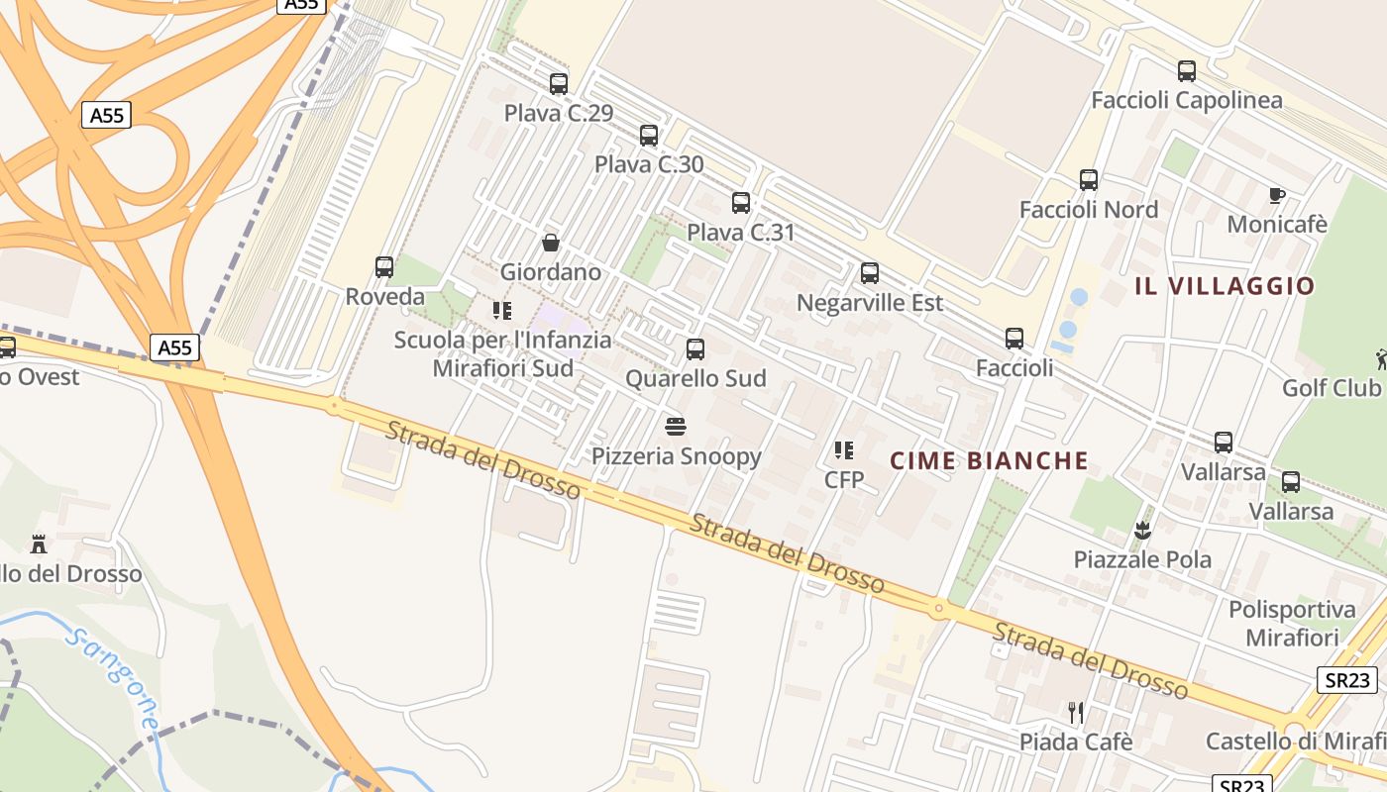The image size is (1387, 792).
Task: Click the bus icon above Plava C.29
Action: pos(559,84)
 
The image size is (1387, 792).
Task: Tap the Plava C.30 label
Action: pos(649,164)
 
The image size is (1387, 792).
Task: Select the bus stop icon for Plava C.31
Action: pos(741,203)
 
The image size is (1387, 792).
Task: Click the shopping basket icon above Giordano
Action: pos(551,243)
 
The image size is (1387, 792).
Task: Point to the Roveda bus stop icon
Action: pos(384,266)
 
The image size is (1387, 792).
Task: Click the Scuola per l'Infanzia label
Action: pos(502,341)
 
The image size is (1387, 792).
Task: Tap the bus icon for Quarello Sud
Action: pos(695,348)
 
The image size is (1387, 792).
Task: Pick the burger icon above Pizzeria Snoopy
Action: pos(677,427)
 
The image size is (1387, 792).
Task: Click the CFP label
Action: pos(844,480)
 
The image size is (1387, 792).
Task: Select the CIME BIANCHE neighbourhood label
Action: pos(989,460)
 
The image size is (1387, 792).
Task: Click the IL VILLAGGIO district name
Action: pos(1225,287)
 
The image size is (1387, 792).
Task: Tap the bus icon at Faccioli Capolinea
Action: pos(1187,71)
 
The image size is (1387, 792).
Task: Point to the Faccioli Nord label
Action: pos(1088,210)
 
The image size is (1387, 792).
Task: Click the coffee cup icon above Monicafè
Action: pos(1277,195)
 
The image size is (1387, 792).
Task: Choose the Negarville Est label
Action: pos(870,302)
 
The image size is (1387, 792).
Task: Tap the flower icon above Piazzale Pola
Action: pos(1143,530)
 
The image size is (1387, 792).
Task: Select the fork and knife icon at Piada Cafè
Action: pos(1076,712)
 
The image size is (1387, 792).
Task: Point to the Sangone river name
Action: pos(114,679)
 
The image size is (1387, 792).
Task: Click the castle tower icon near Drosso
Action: pos(39,544)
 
